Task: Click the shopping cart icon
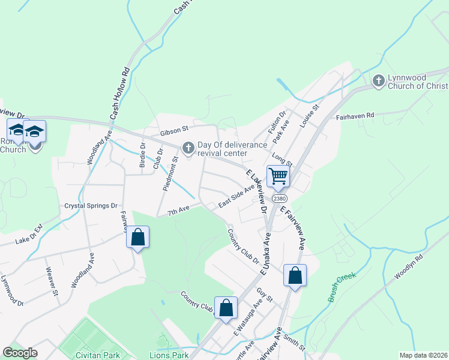[x=279, y=176]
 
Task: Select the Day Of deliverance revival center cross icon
[x=188, y=148]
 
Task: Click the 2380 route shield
[x=279, y=198]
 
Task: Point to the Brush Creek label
[x=342, y=287]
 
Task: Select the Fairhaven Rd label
[x=355, y=115]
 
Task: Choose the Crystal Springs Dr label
[x=91, y=206]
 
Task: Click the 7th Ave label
[x=178, y=210]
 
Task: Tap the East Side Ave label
[x=237, y=196]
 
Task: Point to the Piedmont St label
[x=170, y=174]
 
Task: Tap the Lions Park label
[x=169, y=355]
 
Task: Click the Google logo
[x=20, y=353]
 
